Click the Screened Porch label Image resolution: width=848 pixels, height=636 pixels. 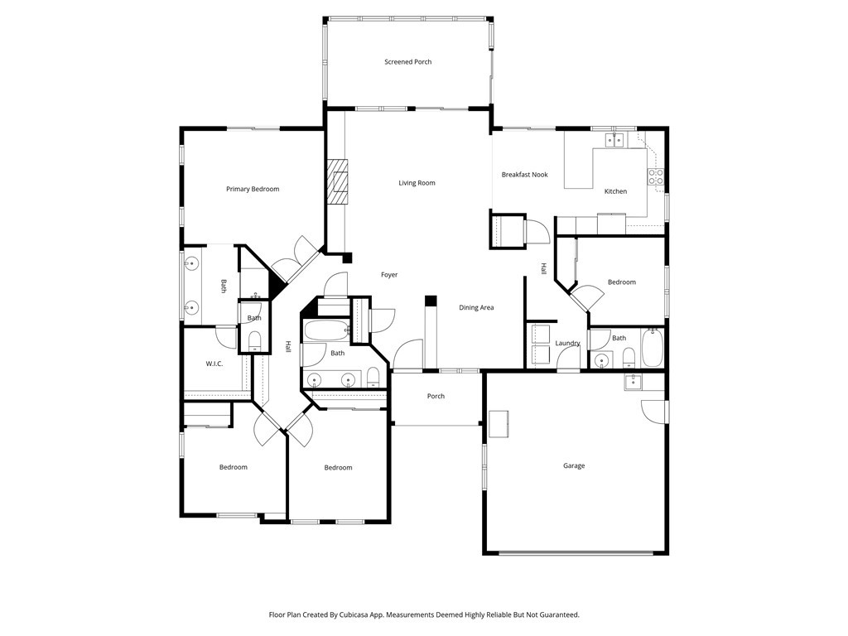407,62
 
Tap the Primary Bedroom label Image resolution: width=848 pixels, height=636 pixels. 253,190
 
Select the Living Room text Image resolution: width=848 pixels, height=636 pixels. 417,183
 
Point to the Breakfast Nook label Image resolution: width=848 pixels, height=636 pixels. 524,175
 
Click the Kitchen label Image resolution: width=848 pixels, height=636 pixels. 615,191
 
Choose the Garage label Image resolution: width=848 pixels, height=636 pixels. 574,466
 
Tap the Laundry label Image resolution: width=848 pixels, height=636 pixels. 567,344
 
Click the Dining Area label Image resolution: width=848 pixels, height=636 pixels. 476,308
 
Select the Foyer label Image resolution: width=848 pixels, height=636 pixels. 389,275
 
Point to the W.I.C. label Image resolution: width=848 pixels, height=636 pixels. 214,364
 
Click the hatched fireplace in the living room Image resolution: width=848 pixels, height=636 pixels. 338,181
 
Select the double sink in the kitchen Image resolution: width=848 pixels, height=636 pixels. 614,140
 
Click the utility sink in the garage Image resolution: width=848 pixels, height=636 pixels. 634,381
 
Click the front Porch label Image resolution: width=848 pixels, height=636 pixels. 436,397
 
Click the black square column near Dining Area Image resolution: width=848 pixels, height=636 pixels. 430,301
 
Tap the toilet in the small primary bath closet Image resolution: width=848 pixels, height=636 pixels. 254,340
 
